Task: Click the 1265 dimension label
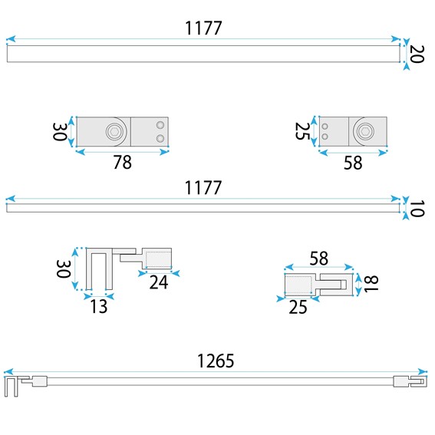[216, 361]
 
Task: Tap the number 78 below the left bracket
[122, 163]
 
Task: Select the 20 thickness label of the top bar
[417, 54]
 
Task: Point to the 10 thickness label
[417, 209]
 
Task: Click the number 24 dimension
[159, 282]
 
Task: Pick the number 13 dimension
[98, 306]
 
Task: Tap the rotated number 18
[371, 284]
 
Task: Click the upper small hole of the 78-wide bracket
[160, 125]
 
